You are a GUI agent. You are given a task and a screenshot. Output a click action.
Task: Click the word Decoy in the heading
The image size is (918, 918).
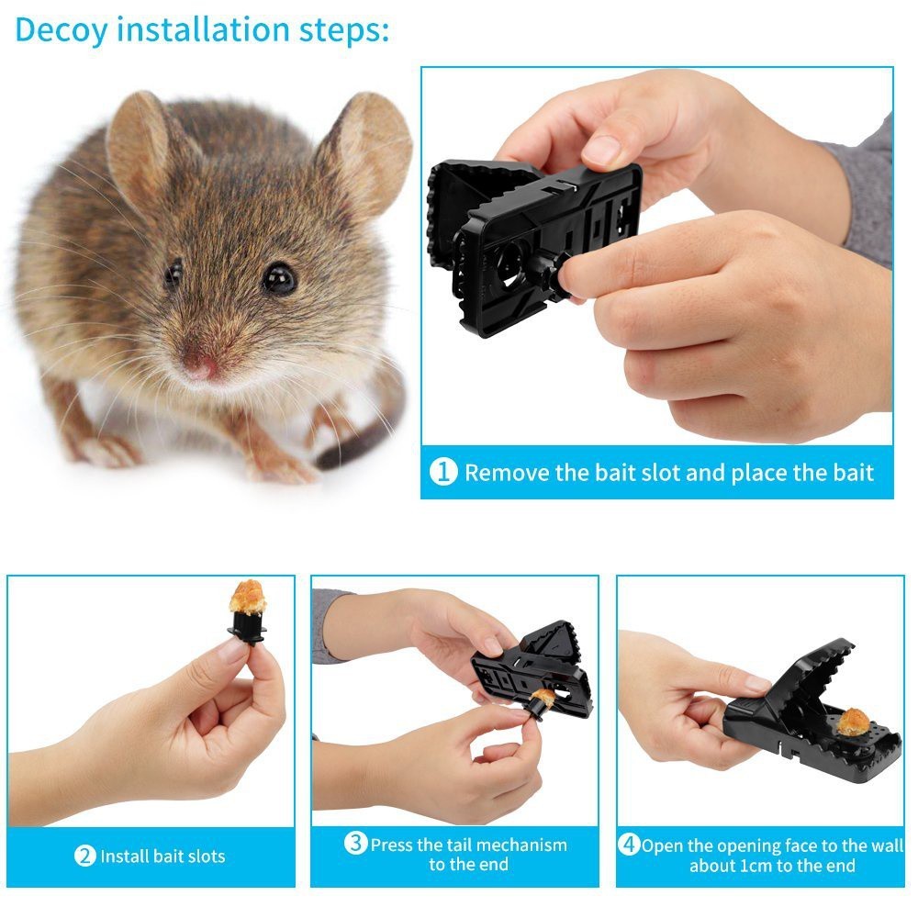pyautogui.click(x=62, y=29)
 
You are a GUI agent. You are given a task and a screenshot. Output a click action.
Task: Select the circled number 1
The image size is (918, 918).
pyautogui.click(x=443, y=473)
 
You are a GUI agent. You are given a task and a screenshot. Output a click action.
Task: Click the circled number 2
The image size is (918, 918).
pyautogui.click(x=85, y=856)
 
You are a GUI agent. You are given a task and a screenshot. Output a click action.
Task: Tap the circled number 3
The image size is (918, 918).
pyautogui.click(x=356, y=844)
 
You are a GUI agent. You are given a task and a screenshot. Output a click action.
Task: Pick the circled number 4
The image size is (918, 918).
pyautogui.click(x=629, y=845)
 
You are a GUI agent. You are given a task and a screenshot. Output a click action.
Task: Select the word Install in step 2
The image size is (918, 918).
pyautogui.click(x=125, y=856)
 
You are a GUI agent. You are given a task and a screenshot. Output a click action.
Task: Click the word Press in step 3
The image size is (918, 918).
pyautogui.click(x=391, y=845)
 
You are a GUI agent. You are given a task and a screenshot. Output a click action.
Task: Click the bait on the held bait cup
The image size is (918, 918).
pyautogui.click(x=247, y=598)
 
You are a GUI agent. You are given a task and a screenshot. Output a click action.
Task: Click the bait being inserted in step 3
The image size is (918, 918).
pyautogui.click(x=543, y=699)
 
